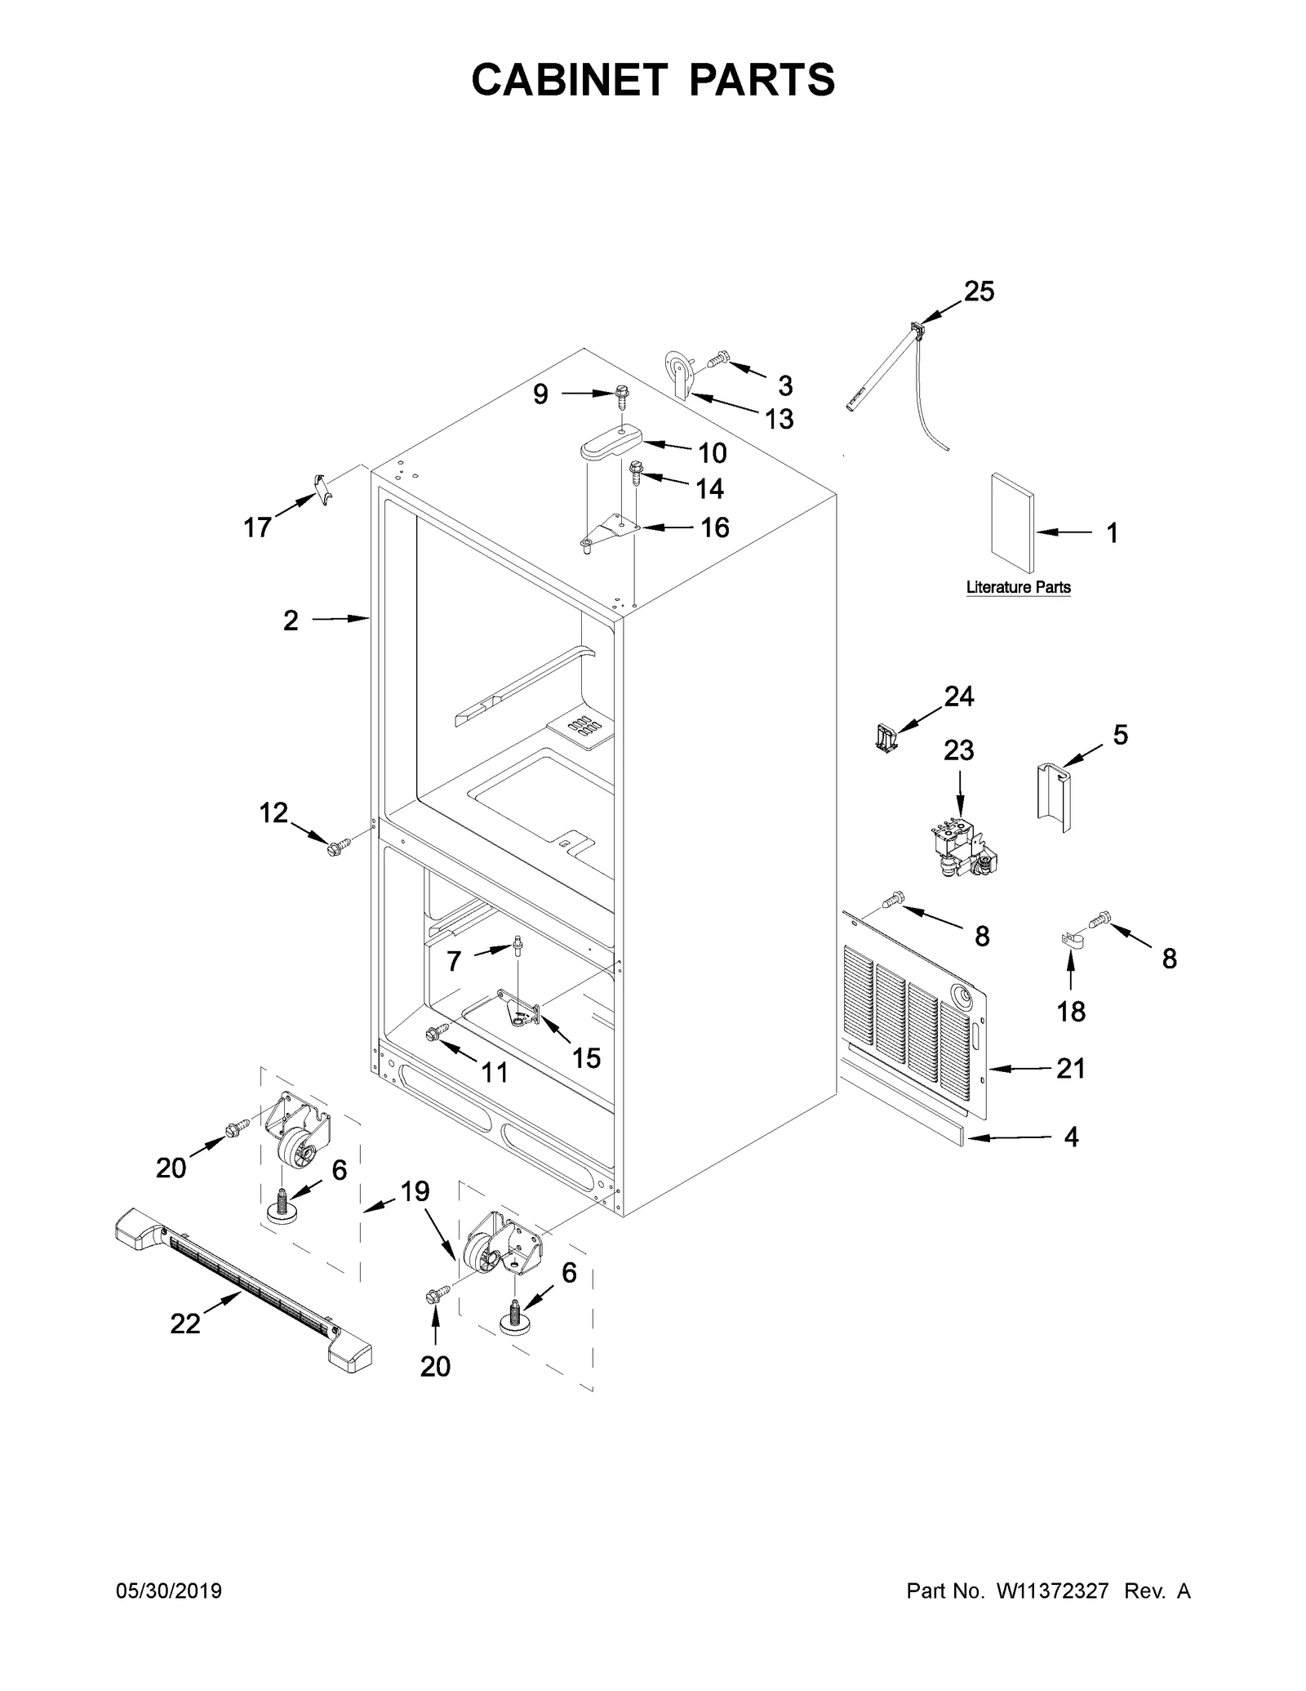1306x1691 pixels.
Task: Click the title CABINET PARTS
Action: (653, 80)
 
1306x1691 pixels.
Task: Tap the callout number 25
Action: (979, 291)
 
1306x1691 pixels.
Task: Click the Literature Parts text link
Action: (1018, 587)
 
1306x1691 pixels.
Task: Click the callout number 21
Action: (1070, 1068)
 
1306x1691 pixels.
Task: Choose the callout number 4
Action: (1071, 1137)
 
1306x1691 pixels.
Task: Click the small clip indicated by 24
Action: (882, 737)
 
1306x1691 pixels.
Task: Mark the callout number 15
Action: (586, 1058)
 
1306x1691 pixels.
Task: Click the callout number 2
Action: (291, 621)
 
